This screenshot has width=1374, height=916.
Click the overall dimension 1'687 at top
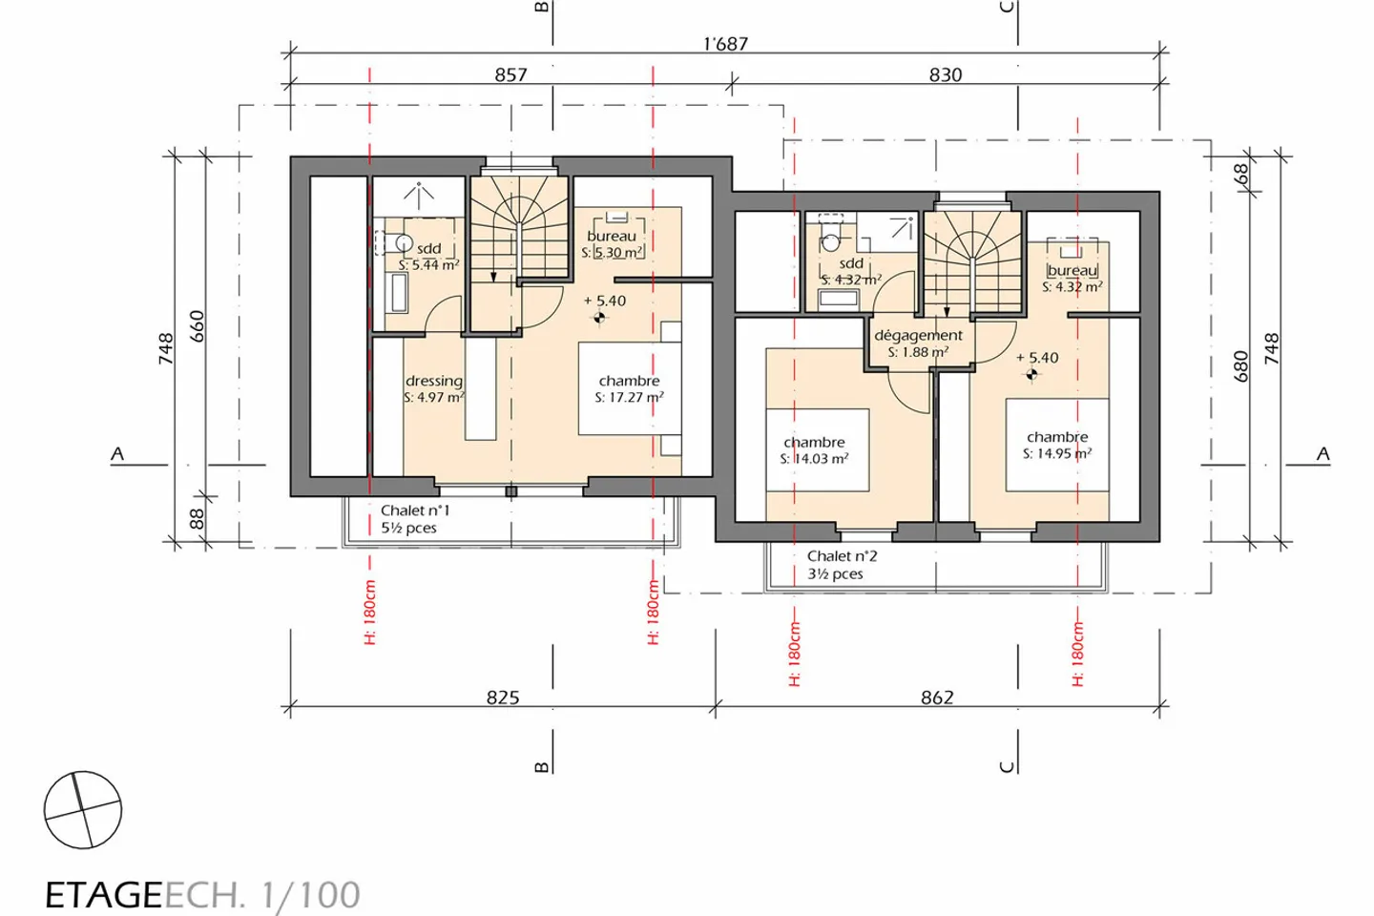coord(725,44)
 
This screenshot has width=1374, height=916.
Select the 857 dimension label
coord(510,74)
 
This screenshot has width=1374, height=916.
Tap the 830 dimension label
coord(945,74)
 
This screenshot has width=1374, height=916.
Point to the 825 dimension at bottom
coord(503,697)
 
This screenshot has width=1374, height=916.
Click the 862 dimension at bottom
coord(937,697)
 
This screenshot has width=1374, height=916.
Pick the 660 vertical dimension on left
coord(198,327)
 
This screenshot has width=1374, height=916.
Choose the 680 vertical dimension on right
coord(1240,366)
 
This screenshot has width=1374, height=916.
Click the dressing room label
coord(434,381)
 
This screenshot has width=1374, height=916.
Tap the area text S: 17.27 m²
coord(629,397)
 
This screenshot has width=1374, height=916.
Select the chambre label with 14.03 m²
coord(814,443)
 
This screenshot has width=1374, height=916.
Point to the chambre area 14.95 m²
coord(1057,453)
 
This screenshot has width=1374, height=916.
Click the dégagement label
coord(918,335)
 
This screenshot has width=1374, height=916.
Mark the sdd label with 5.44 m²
coord(429,249)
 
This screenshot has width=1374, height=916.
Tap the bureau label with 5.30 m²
coord(612,237)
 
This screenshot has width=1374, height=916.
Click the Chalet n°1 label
coord(415,510)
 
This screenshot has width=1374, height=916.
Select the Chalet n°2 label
coord(842,556)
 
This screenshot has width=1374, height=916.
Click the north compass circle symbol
coord(83,810)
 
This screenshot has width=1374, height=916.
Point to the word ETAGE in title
coord(103,895)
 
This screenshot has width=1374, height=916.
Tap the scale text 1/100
coord(310,895)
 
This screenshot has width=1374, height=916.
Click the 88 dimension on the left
coord(198,518)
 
